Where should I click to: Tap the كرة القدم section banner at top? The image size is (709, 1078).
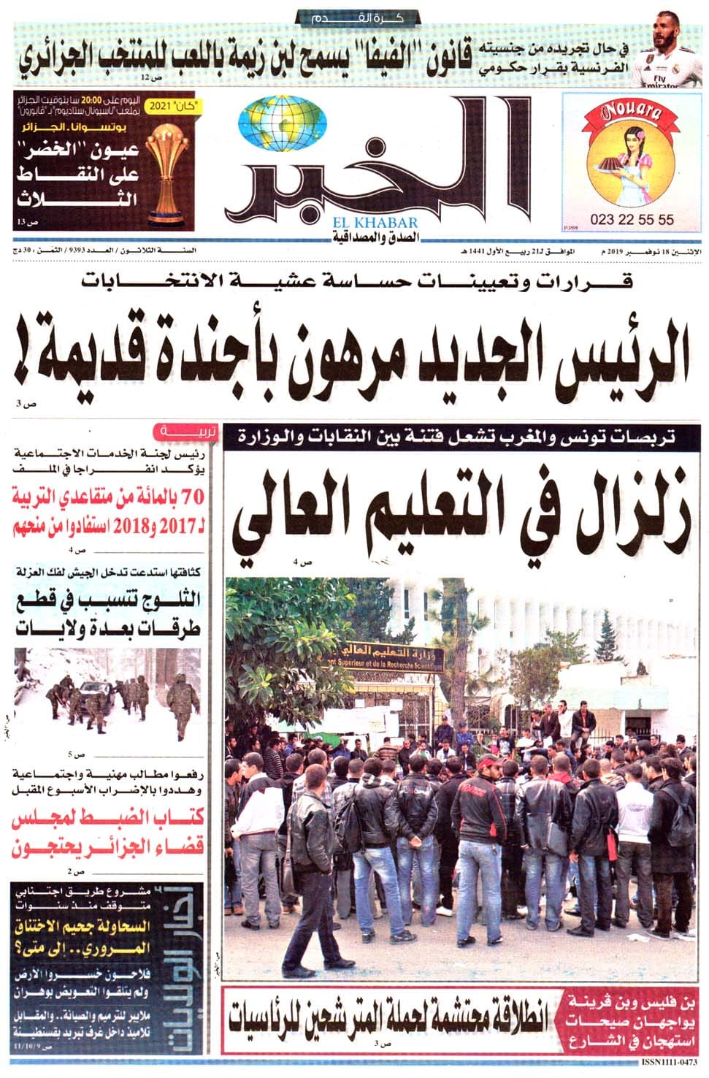click(x=356, y=17)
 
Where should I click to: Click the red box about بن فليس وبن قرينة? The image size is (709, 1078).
click(x=632, y=1017)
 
